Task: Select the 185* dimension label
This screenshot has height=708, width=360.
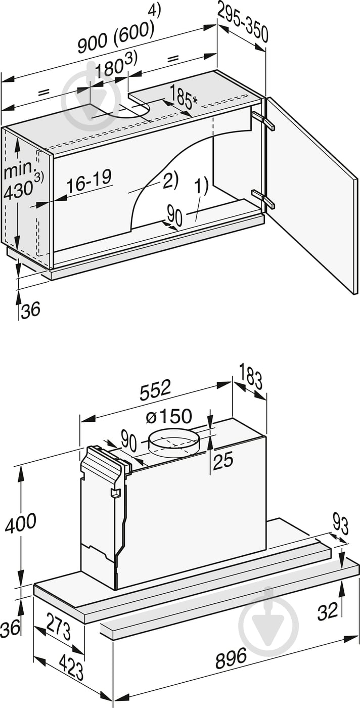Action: point(183,97)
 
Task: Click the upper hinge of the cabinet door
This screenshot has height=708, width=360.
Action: point(262,120)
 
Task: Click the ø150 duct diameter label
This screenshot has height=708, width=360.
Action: point(168,416)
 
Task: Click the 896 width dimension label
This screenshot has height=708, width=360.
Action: point(231,658)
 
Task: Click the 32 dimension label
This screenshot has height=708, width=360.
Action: point(327,611)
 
